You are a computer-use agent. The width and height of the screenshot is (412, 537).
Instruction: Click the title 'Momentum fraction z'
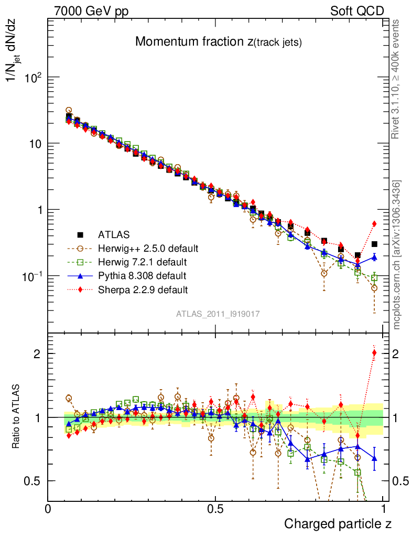[218, 42]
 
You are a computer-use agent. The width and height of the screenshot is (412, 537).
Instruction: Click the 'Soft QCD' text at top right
[357, 11]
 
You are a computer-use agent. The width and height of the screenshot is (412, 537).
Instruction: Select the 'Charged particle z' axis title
[338, 523]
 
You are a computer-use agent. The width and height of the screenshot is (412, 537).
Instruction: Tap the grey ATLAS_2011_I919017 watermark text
[218, 314]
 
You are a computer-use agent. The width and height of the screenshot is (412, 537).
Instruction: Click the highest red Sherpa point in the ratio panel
[374, 352]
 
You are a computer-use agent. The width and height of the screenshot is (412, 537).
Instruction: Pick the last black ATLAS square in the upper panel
[374, 244]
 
